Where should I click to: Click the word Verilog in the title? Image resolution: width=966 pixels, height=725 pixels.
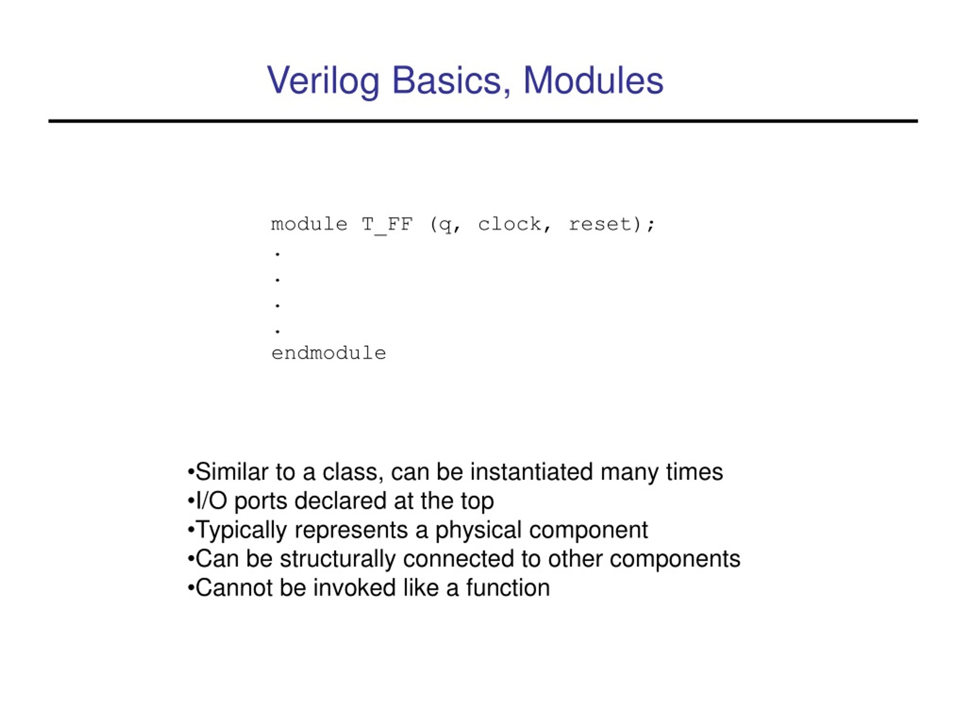(323, 80)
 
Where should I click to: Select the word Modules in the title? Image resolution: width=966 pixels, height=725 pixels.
(593, 80)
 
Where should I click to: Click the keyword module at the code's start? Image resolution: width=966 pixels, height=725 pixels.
(309, 224)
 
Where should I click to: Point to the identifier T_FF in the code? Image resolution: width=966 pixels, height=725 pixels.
(387, 224)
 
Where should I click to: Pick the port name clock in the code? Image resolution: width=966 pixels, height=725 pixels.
(509, 224)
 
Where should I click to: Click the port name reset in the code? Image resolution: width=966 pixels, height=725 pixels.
(600, 224)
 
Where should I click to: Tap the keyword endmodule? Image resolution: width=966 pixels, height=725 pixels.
(329, 353)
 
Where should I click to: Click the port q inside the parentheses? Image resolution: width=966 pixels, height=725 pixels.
(445, 225)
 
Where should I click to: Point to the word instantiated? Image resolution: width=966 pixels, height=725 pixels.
(531, 472)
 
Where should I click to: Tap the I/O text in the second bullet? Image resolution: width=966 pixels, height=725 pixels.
(211, 501)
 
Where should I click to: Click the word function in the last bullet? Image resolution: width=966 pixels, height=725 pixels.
(508, 588)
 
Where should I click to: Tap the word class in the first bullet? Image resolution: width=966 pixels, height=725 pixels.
(353, 472)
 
